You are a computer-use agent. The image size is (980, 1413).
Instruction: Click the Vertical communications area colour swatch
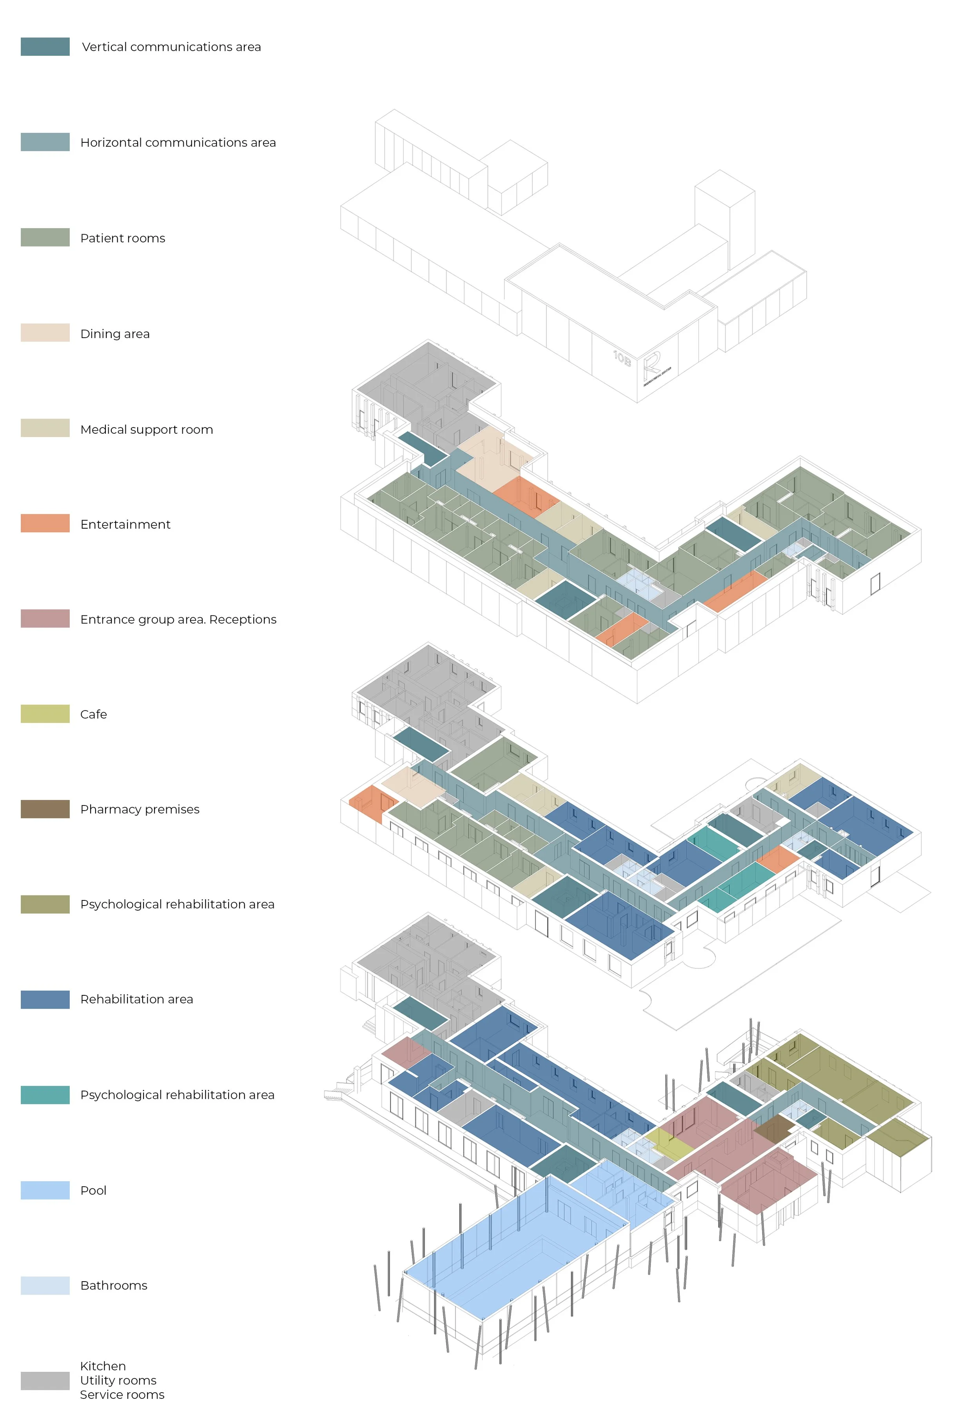(45, 47)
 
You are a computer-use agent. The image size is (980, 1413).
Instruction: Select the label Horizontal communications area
(178, 142)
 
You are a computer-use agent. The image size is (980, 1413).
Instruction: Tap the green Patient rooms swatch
(45, 238)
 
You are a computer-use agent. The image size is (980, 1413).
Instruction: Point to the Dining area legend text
(115, 334)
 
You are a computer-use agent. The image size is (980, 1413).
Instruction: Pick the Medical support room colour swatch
(45, 428)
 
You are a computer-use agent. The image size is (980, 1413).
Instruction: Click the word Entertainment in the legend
(125, 524)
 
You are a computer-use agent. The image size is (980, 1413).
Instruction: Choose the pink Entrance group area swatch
(45, 618)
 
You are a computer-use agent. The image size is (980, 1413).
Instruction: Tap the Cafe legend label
(93, 714)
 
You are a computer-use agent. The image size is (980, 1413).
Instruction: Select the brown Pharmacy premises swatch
(45, 809)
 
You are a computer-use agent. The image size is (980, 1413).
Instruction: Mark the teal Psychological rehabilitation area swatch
(45, 1095)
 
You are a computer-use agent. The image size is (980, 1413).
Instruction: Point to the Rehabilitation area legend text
(136, 999)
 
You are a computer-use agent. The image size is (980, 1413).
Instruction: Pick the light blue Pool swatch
(45, 1190)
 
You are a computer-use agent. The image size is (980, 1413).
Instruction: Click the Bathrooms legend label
(114, 1285)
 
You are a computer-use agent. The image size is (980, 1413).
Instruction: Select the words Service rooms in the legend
(122, 1395)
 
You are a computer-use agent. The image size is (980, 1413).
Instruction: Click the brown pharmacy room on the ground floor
(774, 1128)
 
